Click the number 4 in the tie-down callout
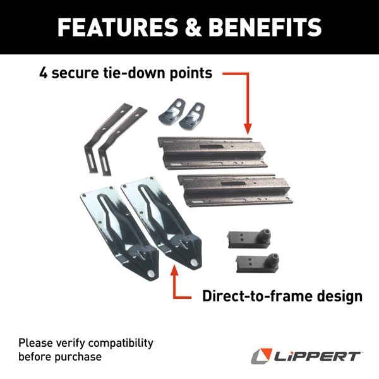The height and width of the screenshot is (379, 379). [44, 73]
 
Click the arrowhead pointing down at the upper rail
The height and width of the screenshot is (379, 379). [246, 128]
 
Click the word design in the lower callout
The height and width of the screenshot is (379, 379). [341, 296]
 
